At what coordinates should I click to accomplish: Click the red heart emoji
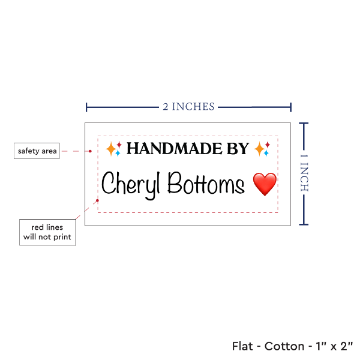265,184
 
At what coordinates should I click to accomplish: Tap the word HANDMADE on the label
175,149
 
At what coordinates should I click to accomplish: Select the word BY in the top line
238,149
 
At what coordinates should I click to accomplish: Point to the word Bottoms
206,183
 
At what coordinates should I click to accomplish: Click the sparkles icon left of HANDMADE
113,149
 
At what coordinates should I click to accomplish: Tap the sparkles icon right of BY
262,149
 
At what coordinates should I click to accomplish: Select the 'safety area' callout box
37,151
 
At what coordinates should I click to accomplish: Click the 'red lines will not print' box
47,232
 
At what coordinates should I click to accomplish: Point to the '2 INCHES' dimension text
188,107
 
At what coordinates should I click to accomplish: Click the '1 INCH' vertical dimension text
304,173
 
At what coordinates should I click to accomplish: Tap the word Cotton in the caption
284,346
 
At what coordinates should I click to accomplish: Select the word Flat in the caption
242,346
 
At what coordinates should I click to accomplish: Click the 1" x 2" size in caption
334,346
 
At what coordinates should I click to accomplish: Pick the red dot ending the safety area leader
90,151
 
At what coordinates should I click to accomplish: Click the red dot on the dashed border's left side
97,200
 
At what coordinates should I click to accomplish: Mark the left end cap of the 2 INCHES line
86,107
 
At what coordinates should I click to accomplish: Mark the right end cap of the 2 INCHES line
290,107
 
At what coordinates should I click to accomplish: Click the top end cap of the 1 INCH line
304,123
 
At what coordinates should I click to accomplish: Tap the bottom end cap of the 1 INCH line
304,224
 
